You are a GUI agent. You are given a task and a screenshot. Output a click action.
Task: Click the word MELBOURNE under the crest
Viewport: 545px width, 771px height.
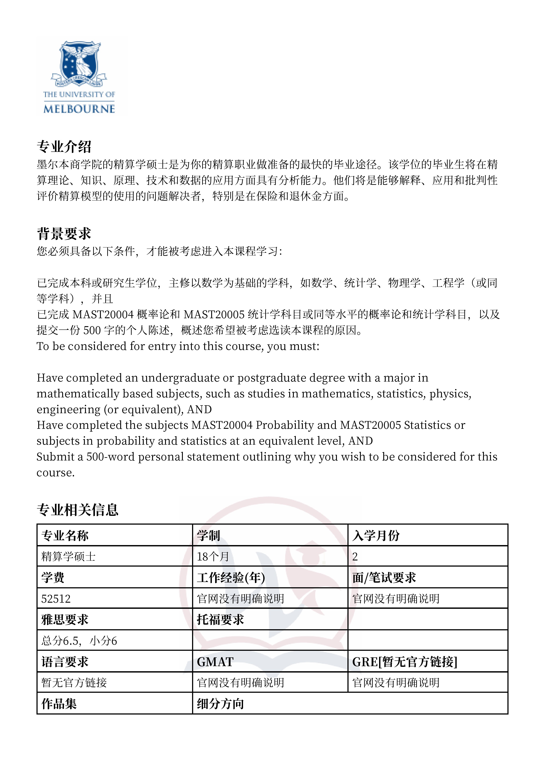[79, 109]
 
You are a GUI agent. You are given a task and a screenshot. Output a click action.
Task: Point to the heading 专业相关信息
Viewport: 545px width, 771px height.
[78, 510]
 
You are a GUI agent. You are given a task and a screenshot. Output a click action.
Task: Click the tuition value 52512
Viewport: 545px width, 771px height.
[56, 599]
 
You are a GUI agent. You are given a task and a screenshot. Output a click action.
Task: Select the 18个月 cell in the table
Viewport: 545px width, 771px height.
[213, 557]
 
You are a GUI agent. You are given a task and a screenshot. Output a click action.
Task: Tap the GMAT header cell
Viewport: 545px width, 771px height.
[215, 662]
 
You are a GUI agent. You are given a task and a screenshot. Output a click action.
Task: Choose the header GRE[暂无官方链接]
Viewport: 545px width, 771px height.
[405, 662]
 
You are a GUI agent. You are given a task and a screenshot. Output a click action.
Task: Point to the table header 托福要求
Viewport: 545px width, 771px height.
[220, 620]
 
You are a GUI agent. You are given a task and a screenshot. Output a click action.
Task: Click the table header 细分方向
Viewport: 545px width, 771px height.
[220, 704]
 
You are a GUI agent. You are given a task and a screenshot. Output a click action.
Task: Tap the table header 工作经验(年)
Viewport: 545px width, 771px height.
[231, 578]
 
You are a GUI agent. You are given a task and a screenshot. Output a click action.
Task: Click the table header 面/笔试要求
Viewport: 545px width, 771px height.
[384, 578]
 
